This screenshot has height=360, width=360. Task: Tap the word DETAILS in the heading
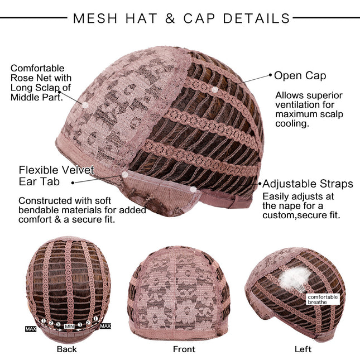click(x=257, y=18)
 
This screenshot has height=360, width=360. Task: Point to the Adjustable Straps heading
click(x=308, y=184)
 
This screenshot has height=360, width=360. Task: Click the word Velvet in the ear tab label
click(x=75, y=170)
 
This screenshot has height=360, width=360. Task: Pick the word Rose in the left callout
click(x=22, y=78)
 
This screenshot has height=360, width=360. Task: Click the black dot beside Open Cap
click(x=270, y=74)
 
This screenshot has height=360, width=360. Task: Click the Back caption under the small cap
click(x=66, y=349)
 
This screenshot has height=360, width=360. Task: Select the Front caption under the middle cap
click(x=184, y=349)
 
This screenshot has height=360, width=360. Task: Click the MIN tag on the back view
click(x=69, y=326)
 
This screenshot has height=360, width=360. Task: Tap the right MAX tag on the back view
click(x=105, y=325)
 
